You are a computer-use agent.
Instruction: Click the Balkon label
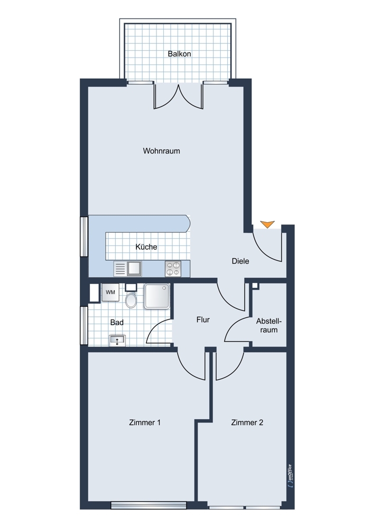pyautogui.click(x=179, y=54)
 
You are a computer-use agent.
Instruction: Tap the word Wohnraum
pyautogui.click(x=161, y=151)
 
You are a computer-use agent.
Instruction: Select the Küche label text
pyautogui.click(x=146, y=247)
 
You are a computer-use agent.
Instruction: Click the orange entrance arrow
pyautogui.click(x=268, y=224)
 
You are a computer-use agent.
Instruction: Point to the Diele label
pyautogui.click(x=240, y=261)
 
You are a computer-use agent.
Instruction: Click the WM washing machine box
pyautogui.click(x=110, y=292)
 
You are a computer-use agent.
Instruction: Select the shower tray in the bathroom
pyautogui.click(x=157, y=296)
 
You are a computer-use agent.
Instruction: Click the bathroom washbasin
pyautogui.click(x=117, y=340)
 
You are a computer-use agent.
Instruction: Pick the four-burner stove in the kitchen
pyautogui.click(x=173, y=269)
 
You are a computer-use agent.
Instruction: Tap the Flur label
pyautogui.click(x=203, y=319)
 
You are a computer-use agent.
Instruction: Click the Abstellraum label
pyautogui.click(x=268, y=325)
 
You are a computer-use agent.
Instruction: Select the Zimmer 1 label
pyautogui.click(x=144, y=422)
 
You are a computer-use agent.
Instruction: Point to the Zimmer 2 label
pyautogui.click(x=247, y=422)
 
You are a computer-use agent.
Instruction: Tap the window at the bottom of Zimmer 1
pyautogui.click(x=148, y=505)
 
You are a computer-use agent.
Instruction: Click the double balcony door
pyautogui.click(x=179, y=96)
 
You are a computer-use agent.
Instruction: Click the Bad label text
pyautogui.click(x=117, y=322)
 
